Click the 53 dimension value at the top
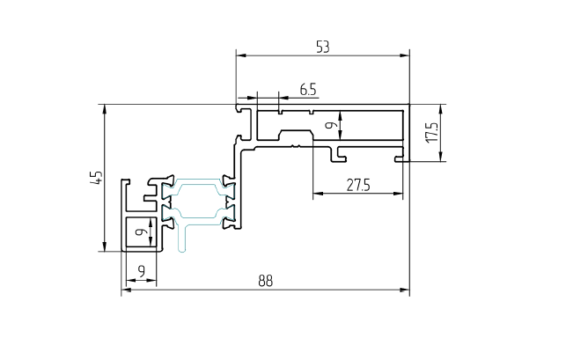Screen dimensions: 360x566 [x=322, y=47]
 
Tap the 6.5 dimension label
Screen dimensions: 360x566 [x=308, y=89]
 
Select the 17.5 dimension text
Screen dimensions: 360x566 [x=430, y=133]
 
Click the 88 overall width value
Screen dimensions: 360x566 [x=265, y=281]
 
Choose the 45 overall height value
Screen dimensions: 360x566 [x=99, y=177]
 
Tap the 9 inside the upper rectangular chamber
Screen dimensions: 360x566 [x=330, y=126]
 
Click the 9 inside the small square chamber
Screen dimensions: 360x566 [x=140, y=232]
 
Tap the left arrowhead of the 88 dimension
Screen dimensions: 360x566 [x=125, y=290]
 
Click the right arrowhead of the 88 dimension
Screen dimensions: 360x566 [x=405, y=290]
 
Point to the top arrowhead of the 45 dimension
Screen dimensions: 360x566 [x=106, y=109]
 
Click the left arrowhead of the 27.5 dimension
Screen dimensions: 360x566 [x=318, y=193]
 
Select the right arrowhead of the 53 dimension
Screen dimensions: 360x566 [x=406, y=56]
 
